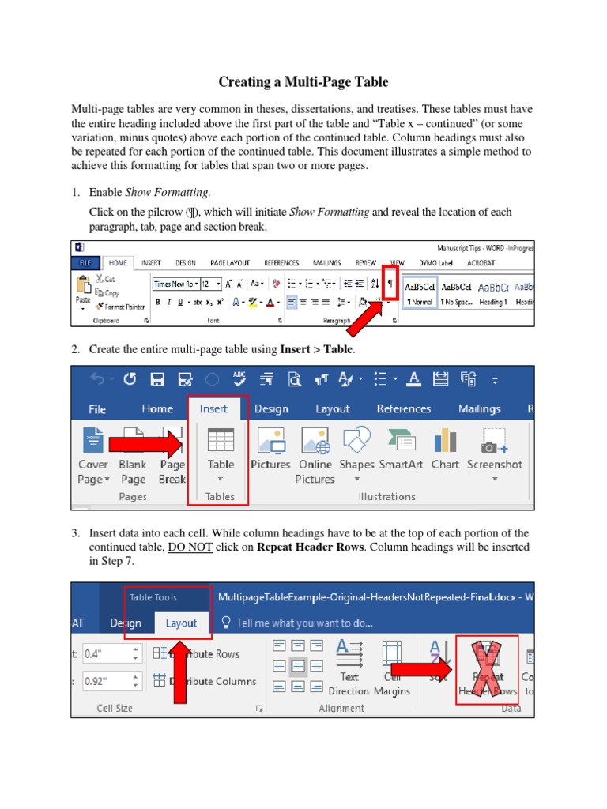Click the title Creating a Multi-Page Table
tap(303, 82)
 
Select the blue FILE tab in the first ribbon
tap(86, 262)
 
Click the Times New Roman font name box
tap(172, 284)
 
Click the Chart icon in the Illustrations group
tap(445, 450)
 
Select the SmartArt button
tap(401, 450)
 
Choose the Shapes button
tap(356, 450)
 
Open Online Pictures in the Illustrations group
tap(315, 453)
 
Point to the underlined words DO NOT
tap(190, 547)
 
